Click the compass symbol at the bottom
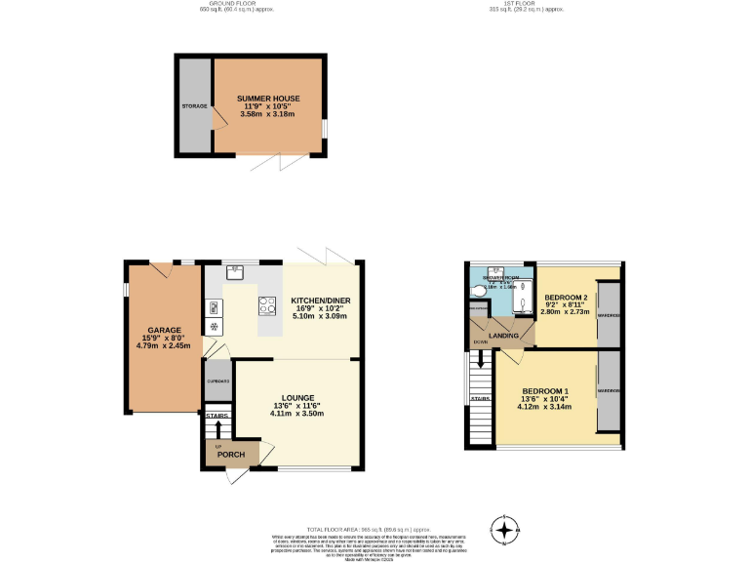click(504, 530)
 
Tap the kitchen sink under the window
click(234, 271)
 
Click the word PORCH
click(230, 455)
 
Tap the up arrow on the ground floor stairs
click(217, 429)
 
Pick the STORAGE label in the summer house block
click(193, 104)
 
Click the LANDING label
click(503, 335)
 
